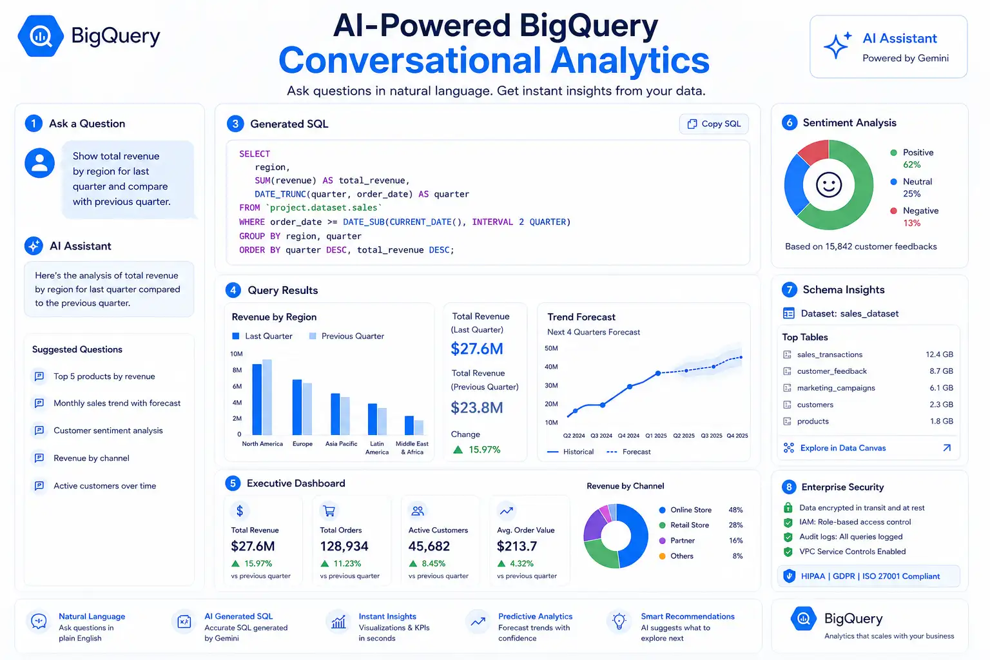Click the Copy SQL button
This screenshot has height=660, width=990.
point(713,124)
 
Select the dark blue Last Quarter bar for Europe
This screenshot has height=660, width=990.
point(297,407)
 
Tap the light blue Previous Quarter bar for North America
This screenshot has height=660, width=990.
point(267,397)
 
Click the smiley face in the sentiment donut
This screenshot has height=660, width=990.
point(829,185)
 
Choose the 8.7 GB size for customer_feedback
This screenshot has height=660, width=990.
point(941,371)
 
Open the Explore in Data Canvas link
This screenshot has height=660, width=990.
point(843,448)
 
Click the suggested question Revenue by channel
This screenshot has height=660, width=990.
point(92,458)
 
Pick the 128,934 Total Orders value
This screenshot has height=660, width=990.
point(344,547)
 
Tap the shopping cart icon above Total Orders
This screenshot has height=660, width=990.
point(329,511)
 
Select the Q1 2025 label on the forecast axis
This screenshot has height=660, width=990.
point(656,436)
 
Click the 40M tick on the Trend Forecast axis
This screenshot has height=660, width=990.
point(551,367)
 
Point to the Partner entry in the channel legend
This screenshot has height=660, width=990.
point(683,540)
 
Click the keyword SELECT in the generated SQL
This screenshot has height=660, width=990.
point(255,154)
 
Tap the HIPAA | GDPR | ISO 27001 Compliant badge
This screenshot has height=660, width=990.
point(868,576)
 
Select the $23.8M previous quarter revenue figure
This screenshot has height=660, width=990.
point(477,407)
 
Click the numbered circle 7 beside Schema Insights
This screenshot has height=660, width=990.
point(790,289)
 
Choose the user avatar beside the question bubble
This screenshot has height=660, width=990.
point(40,162)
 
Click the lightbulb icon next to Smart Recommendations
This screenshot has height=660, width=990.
point(619,621)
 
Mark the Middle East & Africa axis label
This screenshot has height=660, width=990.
point(412,448)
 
